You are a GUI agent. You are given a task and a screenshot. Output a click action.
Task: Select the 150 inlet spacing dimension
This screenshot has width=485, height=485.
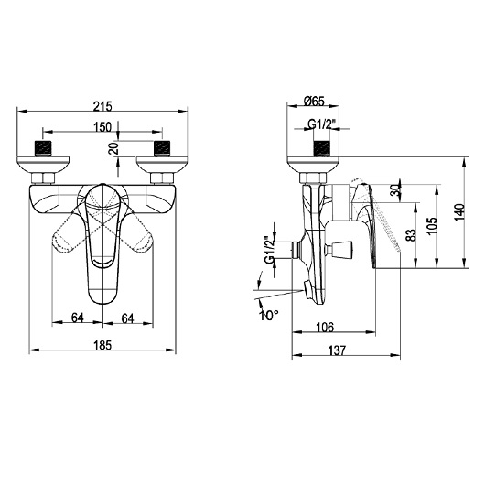(x=102, y=128)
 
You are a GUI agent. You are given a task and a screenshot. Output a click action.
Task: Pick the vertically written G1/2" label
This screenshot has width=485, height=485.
(x=269, y=250)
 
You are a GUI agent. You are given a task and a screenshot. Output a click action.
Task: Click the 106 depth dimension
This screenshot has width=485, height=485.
(x=325, y=327)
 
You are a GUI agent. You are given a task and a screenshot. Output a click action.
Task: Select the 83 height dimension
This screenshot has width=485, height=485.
(x=411, y=234)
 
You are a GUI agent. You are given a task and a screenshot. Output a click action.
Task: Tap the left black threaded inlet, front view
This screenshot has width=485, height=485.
(x=42, y=145)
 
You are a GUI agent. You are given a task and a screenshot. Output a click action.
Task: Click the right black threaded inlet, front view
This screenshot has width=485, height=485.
(x=163, y=145)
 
